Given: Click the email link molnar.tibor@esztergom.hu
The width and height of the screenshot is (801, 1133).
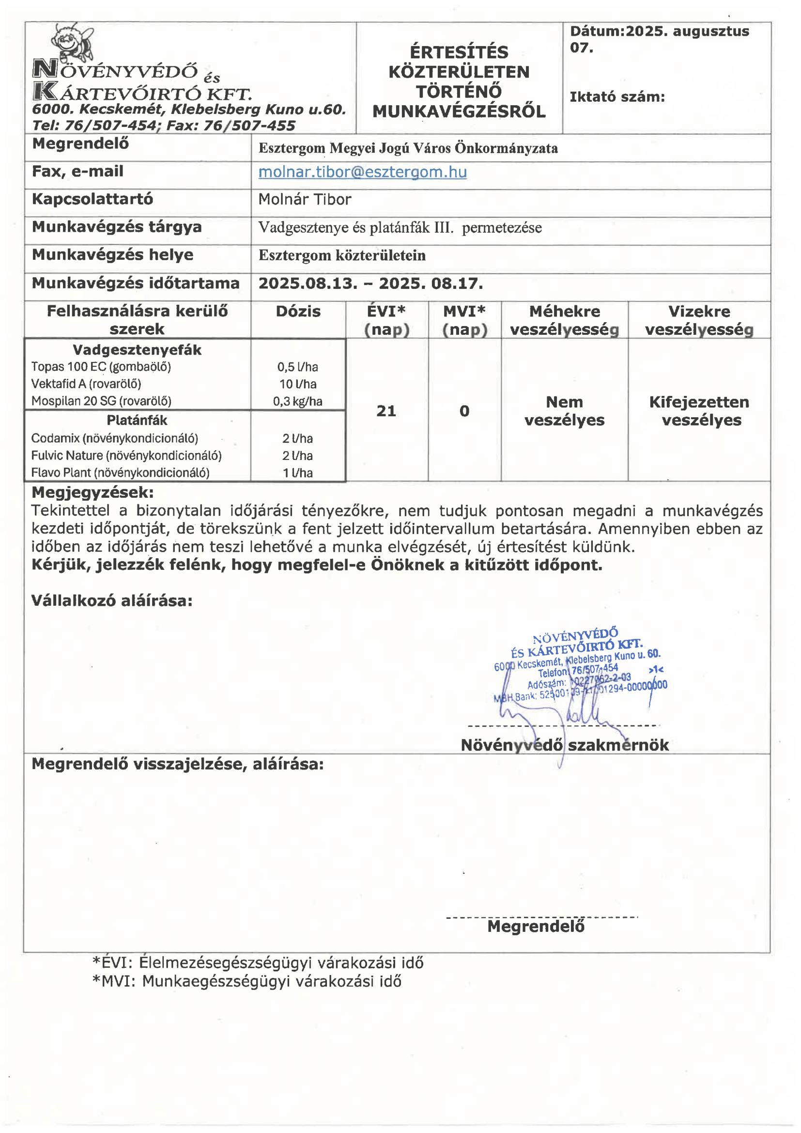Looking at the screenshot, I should click(x=363, y=172).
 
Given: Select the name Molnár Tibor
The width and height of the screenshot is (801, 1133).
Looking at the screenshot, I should click(x=304, y=199).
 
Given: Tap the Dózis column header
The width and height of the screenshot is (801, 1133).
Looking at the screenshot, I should click(x=298, y=312).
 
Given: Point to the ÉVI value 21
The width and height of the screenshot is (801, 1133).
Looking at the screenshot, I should click(x=386, y=411).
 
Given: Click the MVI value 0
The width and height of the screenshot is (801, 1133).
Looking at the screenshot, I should click(x=464, y=411).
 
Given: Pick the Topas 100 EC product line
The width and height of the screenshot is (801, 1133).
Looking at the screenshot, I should click(x=101, y=367).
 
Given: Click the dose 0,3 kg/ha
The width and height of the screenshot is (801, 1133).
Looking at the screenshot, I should click(x=297, y=401).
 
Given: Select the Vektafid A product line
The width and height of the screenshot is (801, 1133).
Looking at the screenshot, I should click(x=86, y=384).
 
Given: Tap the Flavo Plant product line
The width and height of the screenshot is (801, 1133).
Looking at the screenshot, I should click(x=120, y=473).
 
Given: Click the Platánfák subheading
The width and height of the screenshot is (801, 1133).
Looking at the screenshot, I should click(x=137, y=421).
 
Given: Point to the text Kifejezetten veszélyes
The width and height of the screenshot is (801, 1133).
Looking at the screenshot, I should click(x=699, y=411).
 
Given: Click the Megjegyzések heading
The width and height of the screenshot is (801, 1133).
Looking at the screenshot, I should click(x=92, y=492).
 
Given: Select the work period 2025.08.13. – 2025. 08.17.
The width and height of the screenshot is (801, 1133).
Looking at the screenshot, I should click(x=370, y=284).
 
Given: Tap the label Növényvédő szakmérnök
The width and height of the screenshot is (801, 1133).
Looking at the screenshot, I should click(x=564, y=745).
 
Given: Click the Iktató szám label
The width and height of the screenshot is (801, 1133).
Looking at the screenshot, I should click(x=617, y=97).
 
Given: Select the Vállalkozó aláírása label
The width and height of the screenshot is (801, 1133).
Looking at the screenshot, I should click(x=111, y=600).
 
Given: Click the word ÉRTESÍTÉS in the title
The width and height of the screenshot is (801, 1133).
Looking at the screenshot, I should click(x=459, y=52).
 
